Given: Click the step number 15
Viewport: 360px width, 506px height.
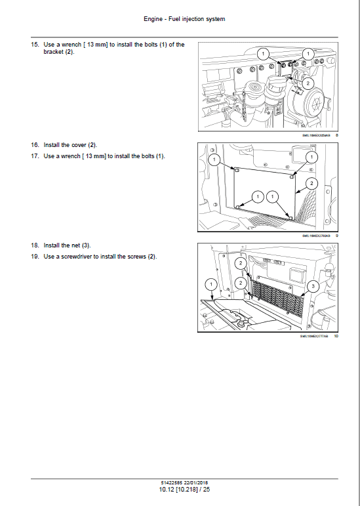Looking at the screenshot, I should click(x=34, y=45).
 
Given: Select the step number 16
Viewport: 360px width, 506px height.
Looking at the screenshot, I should click(x=34, y=144).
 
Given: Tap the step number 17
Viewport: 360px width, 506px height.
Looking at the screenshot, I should click(x=34, y=156).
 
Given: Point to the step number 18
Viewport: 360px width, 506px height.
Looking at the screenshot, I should click(x=34, y=245).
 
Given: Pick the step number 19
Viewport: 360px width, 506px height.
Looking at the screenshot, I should click(x=34, y=256).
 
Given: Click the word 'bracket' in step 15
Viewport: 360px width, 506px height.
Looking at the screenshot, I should click(x=54, y=52).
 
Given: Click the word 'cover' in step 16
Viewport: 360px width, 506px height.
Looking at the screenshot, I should click(x=77, y=144).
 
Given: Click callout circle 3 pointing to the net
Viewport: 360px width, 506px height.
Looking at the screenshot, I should click(x=313, y=286).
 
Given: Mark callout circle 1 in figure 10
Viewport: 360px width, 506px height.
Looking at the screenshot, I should click(x=210, y=284).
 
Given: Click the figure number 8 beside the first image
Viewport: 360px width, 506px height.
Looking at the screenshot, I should click(x=336, y=135).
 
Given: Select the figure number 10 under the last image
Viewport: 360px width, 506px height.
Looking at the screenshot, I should click(x=336, y=336).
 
